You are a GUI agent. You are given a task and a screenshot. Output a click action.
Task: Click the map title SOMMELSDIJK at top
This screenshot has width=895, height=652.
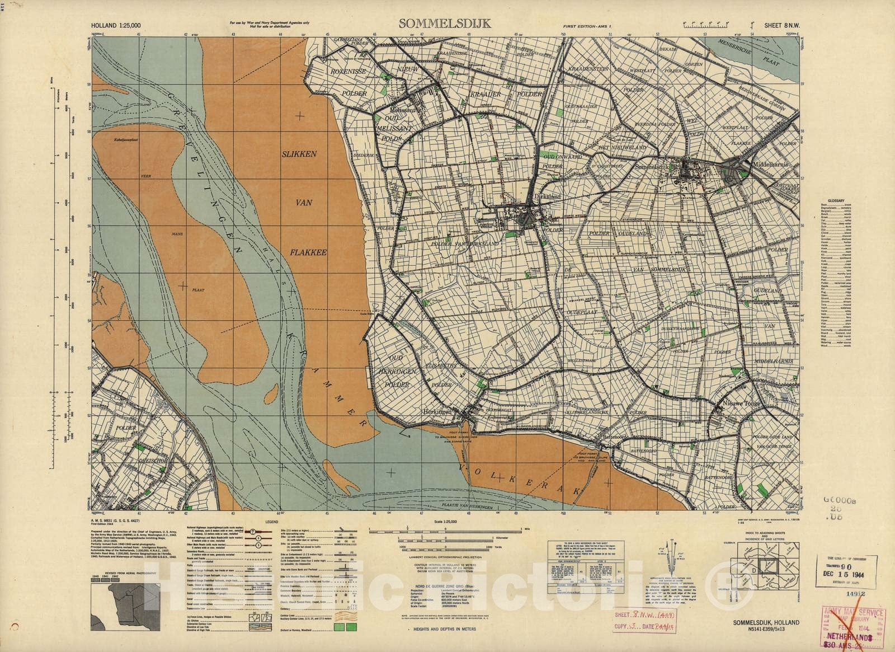pyautogui.click(x=445, y=24)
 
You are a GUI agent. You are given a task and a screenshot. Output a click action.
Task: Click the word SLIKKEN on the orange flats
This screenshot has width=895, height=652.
pyautogui.click(x=300, y=153)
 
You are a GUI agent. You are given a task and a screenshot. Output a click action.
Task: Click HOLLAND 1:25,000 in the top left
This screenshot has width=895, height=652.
pyautogui.click(x=116, y=25)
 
